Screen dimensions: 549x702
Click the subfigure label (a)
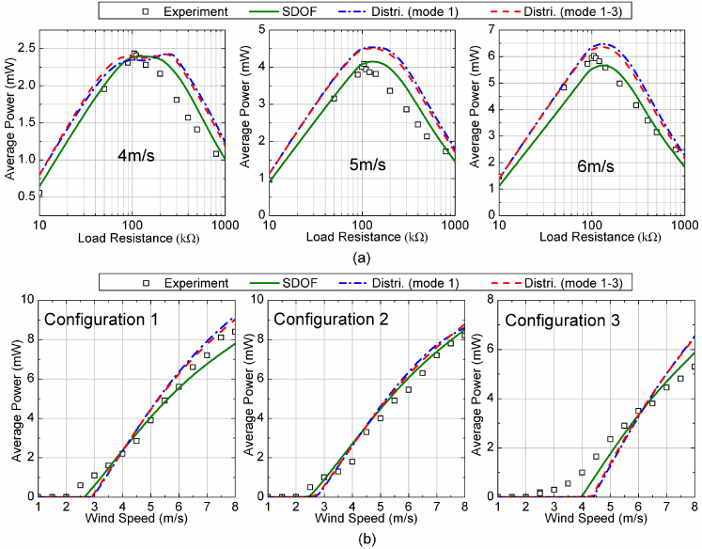pos(352,257)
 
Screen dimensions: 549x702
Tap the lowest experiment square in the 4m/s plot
pos(39,193)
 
